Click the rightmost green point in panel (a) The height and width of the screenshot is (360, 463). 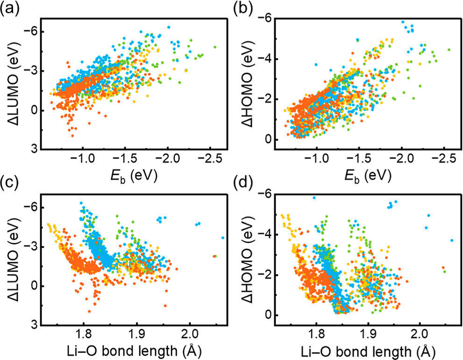(x=215, y=47)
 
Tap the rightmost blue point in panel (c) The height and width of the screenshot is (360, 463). (x=223, y=238)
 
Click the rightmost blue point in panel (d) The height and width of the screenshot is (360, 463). (x=452, y=240)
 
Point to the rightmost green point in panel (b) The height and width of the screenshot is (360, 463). (x=449, y=49)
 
